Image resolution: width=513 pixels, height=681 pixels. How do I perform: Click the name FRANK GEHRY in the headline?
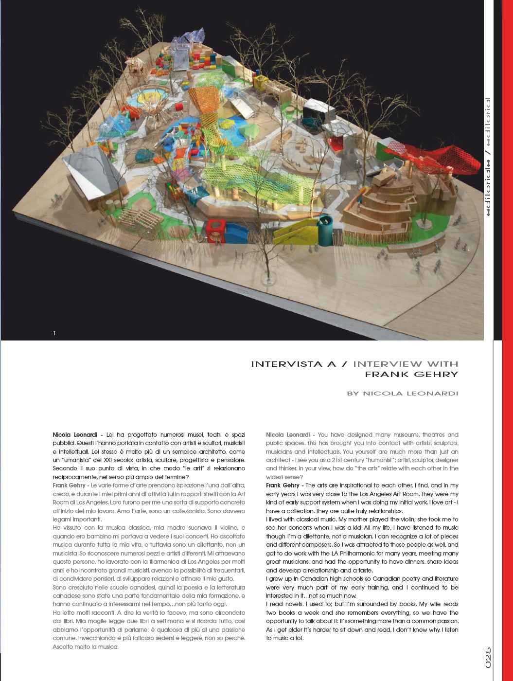[411, 374]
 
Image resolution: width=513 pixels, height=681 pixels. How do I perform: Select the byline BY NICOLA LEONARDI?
[403, 393]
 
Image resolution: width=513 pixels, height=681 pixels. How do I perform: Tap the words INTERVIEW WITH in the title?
[406, 363]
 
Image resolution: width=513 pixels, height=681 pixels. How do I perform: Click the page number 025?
[488, 657]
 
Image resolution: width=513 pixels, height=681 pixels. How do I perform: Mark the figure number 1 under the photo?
[54, 333]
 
